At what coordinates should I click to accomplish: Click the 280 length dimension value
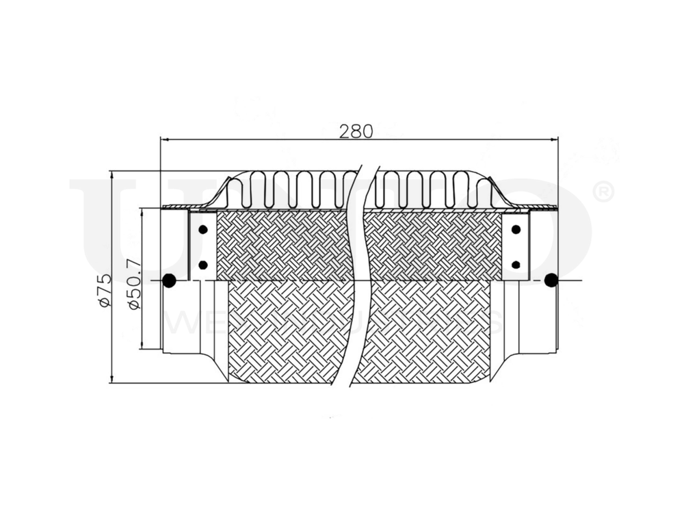(x=356, y=131)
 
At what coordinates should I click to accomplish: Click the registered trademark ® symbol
(x=601, y=192)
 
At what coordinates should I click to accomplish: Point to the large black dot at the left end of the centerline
(x=169, y=280)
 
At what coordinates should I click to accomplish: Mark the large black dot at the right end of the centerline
(x=551, y=280)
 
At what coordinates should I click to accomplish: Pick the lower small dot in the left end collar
(x=203, y=264)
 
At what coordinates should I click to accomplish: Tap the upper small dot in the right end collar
(x=516, y=229)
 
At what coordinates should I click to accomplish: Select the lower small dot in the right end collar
(x=516, y=264)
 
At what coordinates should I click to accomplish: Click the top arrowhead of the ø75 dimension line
(x=111, y=174)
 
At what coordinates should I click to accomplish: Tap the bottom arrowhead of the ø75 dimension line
(x=111, y=379)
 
